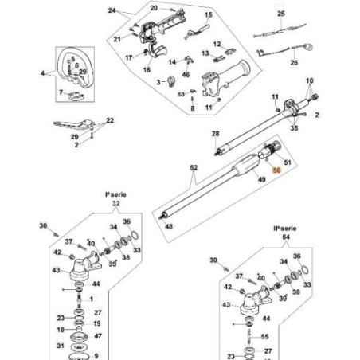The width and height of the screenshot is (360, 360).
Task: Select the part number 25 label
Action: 280,14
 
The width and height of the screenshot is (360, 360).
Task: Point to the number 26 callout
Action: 293,62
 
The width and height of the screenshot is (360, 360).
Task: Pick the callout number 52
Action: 193,169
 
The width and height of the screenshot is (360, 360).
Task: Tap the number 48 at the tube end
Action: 169,226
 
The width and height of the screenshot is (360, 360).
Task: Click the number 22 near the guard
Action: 110,120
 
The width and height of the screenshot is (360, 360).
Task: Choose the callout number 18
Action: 61,328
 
